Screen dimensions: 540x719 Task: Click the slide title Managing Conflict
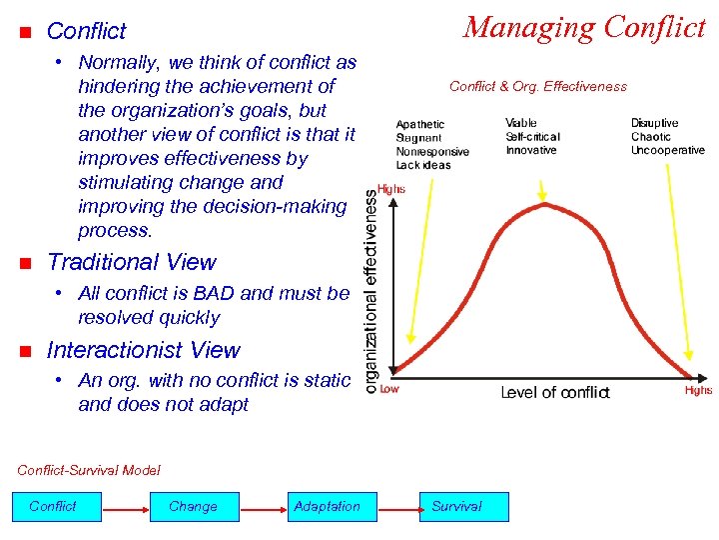pyautogui.click(x=584, y=27)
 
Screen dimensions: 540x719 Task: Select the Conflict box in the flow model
pyautogui.click(x=53, y=507)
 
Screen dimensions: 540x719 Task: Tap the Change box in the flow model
pyautogui.click(x=193, y=507)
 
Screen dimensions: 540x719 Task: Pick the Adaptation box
pyautogui.click(x=327, y=507)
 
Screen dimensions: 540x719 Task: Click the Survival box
pyautogui.click(x=456, y=507)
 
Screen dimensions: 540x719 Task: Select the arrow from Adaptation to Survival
pyautogui.click(x=390, y=508)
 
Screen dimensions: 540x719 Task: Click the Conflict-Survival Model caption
pyautogui.click(x=89, y=470)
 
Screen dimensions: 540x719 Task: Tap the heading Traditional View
pyautogui.click(x=131, y=263)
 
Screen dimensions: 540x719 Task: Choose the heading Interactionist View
pyautogui.click(x=143, y=351)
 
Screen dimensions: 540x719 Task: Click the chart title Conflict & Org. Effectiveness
pyautogui.click(x=538, y=86)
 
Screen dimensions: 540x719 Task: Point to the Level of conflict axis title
pyautogui.click(x=554, y=392)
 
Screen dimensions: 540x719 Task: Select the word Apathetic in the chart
pyautogui.click(x=419, y=125)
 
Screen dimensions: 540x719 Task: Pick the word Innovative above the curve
pyautogui.click(x=530, y=150)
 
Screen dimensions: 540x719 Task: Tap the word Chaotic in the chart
pyautogui.click(x=651, y=137)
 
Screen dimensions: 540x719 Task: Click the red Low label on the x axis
pyautogui.click(x=389, y=389)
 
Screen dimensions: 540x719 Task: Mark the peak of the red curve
pyautogui.click(x=544, y=204)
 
